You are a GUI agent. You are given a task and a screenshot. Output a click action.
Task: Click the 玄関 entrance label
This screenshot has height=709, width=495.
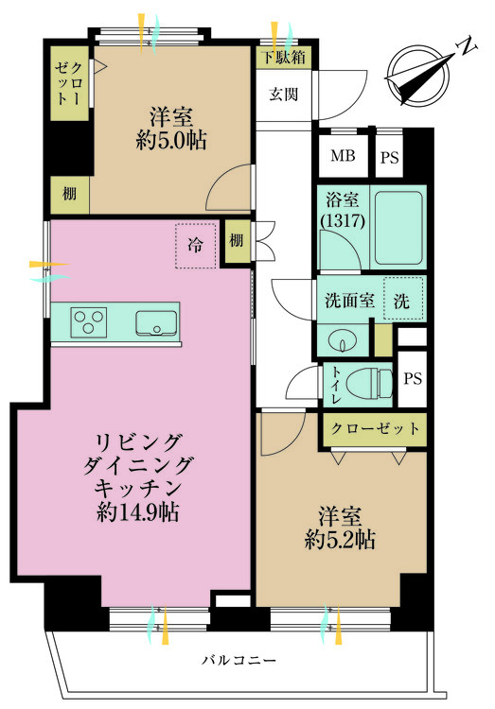click(x=284, y=95)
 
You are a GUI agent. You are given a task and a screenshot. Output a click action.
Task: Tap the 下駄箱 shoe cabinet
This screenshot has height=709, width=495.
click(x=284, y=58)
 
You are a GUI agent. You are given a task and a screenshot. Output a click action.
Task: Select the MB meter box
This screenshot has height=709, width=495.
click(x=343, y=156)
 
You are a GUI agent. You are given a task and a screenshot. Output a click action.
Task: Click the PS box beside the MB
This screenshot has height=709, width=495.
click(x=390, y=157)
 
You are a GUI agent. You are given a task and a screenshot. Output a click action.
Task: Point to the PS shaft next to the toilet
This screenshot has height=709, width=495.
click(x=413, y=378)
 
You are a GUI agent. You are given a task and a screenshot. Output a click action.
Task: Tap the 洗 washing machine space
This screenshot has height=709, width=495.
click(x=403, y=300)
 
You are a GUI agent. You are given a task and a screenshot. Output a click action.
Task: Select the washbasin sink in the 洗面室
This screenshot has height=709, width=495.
click(x=343, y=341)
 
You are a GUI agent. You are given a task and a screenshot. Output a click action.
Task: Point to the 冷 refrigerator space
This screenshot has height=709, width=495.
click(x=196, y=246)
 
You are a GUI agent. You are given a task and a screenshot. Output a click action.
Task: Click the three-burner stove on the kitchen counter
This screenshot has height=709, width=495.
click(x=89, y=322)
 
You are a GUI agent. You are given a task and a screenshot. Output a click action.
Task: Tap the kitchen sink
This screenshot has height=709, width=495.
click(x=156, y=323)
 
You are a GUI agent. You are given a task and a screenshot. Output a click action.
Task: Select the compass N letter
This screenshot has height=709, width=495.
click(x=467, y=44)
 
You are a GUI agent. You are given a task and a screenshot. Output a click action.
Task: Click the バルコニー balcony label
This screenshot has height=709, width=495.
click(x=239, y=661)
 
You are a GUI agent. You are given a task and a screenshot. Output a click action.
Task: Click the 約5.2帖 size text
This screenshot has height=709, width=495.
click(x=340, y=539)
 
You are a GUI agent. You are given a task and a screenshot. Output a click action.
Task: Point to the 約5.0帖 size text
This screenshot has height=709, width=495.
click(x=171, y=141)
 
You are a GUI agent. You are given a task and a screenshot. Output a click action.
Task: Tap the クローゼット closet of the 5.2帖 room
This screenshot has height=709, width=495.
click(x=375, y=429)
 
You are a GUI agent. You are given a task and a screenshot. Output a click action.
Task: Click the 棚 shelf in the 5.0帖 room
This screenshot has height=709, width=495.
click(x=70, y=195)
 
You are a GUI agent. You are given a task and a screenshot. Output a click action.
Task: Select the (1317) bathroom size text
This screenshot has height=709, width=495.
click(x=343, y=220)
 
